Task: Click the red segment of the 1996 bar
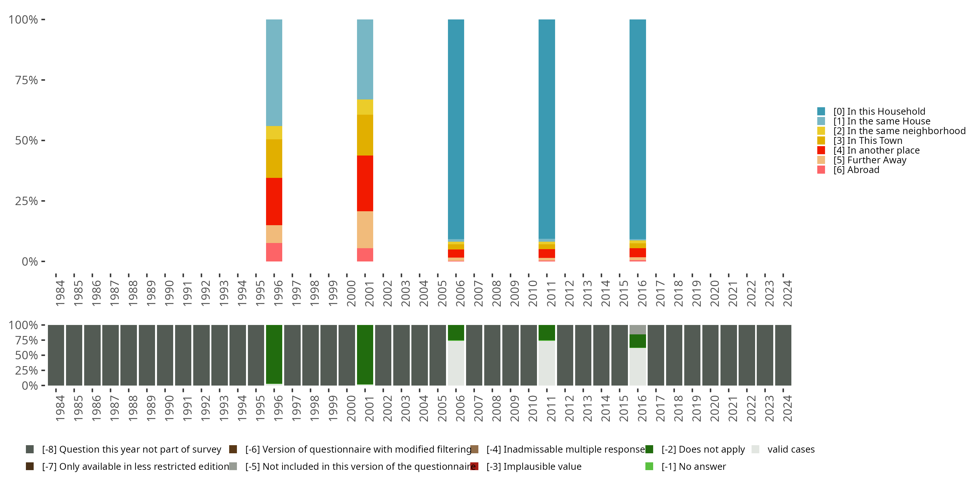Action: click(x=274, y=201)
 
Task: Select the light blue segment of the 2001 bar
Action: click(x=365, y=59)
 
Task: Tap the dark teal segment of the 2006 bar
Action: click(x=456, y=128)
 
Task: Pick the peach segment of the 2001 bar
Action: click(x=365, y=229)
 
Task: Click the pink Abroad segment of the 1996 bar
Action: click(x=274, y=252)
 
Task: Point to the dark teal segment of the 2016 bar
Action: click(x=637, y=128)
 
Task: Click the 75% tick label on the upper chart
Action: click(x=27, y=80)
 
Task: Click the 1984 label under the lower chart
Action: click(x=60, y=409)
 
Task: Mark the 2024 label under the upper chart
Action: click(x=787, y=294)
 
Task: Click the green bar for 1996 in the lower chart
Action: click(x=274, y=354)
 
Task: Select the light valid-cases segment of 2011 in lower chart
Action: click(x=547, y=363)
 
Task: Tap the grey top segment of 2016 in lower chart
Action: click(x=637, y=330)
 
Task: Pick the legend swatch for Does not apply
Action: click(x=649, y=449)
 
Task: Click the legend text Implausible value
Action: click(x=542, y=466)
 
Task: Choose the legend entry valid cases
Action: click(x=791, y=449)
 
